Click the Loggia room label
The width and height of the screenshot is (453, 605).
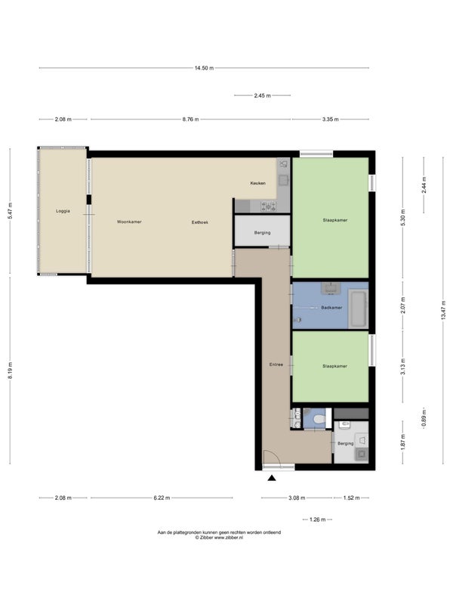click(63, 211)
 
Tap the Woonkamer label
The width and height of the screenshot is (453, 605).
click(129, 222)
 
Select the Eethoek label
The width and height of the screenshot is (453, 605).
click(200, 222)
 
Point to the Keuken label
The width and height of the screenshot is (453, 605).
click(257, 183)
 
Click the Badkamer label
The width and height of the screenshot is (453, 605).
click(331, 308)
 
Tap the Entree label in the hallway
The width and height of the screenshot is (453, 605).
click(276, 365)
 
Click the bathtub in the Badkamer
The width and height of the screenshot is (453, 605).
click(358, 309)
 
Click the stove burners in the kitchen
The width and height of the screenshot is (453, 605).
click(269, 206)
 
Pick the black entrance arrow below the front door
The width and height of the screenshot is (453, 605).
click(272, 479)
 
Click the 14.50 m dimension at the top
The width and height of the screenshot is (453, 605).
click(204, 68)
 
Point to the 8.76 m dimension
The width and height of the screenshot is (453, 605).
click(191, 119)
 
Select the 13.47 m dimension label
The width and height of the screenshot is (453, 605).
click(443, 310)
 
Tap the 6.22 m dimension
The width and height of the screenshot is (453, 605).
click(162, 498)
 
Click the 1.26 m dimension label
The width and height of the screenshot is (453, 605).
click(318, 520)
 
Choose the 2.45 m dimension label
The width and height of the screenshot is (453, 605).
click(262, 96)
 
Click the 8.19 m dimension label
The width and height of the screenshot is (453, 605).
click(11, 371)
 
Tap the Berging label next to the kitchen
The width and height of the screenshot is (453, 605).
click(262, 233)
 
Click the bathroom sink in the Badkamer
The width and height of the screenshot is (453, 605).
click(330, 288)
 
